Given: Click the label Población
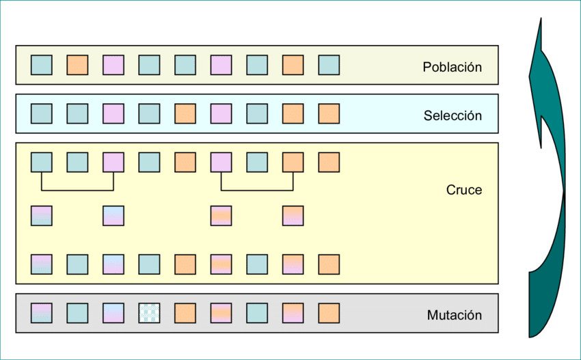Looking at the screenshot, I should click(452, 67).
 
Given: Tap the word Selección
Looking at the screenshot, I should click(452, 115).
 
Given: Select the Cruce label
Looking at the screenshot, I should click(463, 190).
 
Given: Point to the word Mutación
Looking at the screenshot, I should click(454, 315).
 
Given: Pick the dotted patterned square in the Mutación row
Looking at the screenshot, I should click(149, 313).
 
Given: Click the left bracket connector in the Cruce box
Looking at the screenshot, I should click(77, 189).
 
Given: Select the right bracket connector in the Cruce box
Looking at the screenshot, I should click(257, 189).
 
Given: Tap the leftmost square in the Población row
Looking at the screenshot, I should click(42, 65).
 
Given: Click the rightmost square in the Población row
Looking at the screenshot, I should click(329, 65).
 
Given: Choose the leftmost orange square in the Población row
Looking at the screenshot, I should click(77, 65).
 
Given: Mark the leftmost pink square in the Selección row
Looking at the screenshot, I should click(113, 113).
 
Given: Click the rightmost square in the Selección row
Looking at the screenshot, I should click(329, 113).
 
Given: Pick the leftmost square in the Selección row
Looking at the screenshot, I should click(42, 113).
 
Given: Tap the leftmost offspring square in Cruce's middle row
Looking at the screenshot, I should click(42, 215).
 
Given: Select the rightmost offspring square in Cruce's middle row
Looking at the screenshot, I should click(293, 215).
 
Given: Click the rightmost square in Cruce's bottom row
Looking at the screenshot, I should click(329, 264).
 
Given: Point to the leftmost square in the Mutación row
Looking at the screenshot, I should click(42, 313).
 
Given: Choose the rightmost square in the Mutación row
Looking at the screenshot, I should click(329, 313).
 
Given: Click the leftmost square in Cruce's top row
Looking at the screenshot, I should click(42, 162).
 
